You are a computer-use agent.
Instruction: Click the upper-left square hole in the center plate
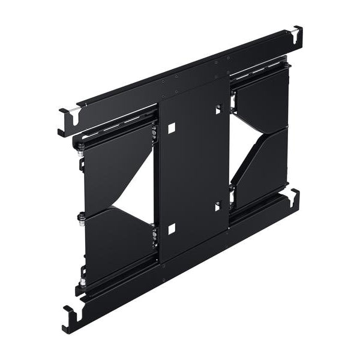172,128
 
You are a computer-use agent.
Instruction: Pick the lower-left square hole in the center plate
172,228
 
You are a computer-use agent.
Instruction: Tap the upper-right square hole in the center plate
218,110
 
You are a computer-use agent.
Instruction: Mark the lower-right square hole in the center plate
218,206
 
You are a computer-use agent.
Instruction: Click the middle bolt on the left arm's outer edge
80,215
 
